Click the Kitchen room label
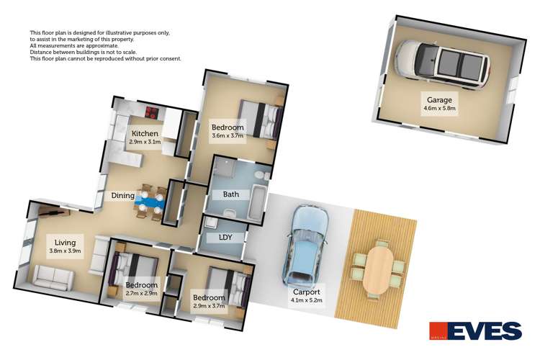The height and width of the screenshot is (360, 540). coord(145,134)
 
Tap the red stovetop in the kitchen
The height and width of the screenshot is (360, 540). coord(152,112)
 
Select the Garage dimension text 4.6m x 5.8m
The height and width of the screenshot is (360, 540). coord(440,109)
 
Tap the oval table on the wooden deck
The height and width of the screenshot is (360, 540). coord(377,271)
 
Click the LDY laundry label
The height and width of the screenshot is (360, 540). coord(217,237)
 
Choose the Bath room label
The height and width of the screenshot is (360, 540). coord(231,194)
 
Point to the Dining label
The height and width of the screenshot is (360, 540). coord(122,195)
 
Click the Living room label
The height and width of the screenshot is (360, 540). coord(55,243)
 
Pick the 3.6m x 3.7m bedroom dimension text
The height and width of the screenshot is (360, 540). coord(228,135)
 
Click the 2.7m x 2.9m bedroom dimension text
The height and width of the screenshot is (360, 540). coord(141,294)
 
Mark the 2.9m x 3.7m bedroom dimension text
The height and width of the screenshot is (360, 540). coord(209,305)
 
